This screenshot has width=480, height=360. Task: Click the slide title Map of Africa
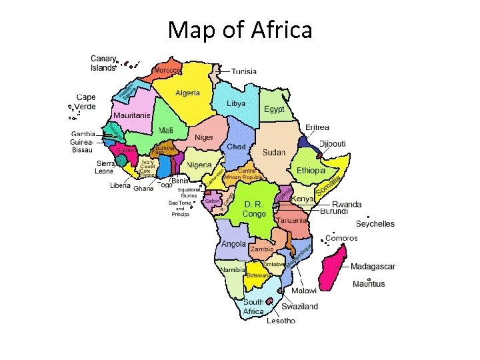point(240,29)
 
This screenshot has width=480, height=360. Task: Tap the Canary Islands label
point(103,63)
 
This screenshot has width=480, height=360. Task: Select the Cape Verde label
point(85,102)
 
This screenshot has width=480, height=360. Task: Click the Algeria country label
point(187,93)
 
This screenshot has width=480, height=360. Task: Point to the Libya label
point(236,103)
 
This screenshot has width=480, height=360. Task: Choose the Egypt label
point(274,109)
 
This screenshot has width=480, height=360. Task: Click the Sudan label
point(274,153)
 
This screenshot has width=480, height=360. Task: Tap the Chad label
point(236,147)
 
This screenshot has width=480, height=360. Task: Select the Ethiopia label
point(311,170)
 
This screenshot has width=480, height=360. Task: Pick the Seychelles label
point(375,224)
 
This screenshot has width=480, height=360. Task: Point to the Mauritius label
point(369,284)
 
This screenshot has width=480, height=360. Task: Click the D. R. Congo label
point(255,209)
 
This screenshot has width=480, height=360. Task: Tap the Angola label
point(233,243)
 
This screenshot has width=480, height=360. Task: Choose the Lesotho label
point(281,321)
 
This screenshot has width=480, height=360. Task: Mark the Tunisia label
point(244,71)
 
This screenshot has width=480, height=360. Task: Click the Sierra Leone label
point(105,167)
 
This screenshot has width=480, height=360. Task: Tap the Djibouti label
point(333,143)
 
